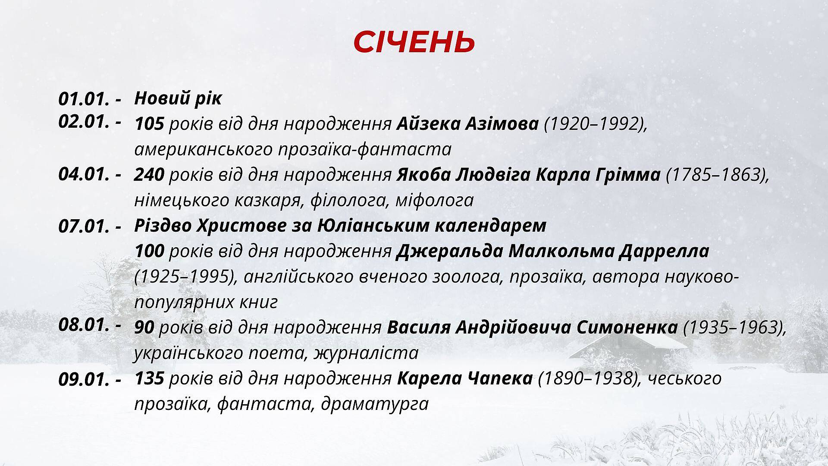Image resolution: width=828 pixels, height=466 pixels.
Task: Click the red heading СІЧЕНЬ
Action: [x=414, y=42]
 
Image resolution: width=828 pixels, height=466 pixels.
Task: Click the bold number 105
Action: [x=149, y=124]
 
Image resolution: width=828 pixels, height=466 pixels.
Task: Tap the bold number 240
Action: [x=149, y=175]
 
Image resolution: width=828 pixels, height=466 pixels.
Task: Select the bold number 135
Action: [x=149, y=378]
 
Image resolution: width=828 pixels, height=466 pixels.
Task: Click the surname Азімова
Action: [x=502, y=124]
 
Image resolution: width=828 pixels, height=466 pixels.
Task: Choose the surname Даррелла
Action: [x=664, y=252]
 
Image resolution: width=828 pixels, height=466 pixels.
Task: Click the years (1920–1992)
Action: [x=596, y=125]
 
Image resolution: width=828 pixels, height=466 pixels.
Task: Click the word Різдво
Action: [x=163, y=226]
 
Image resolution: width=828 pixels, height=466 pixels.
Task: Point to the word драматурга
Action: [x=375, y=404]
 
